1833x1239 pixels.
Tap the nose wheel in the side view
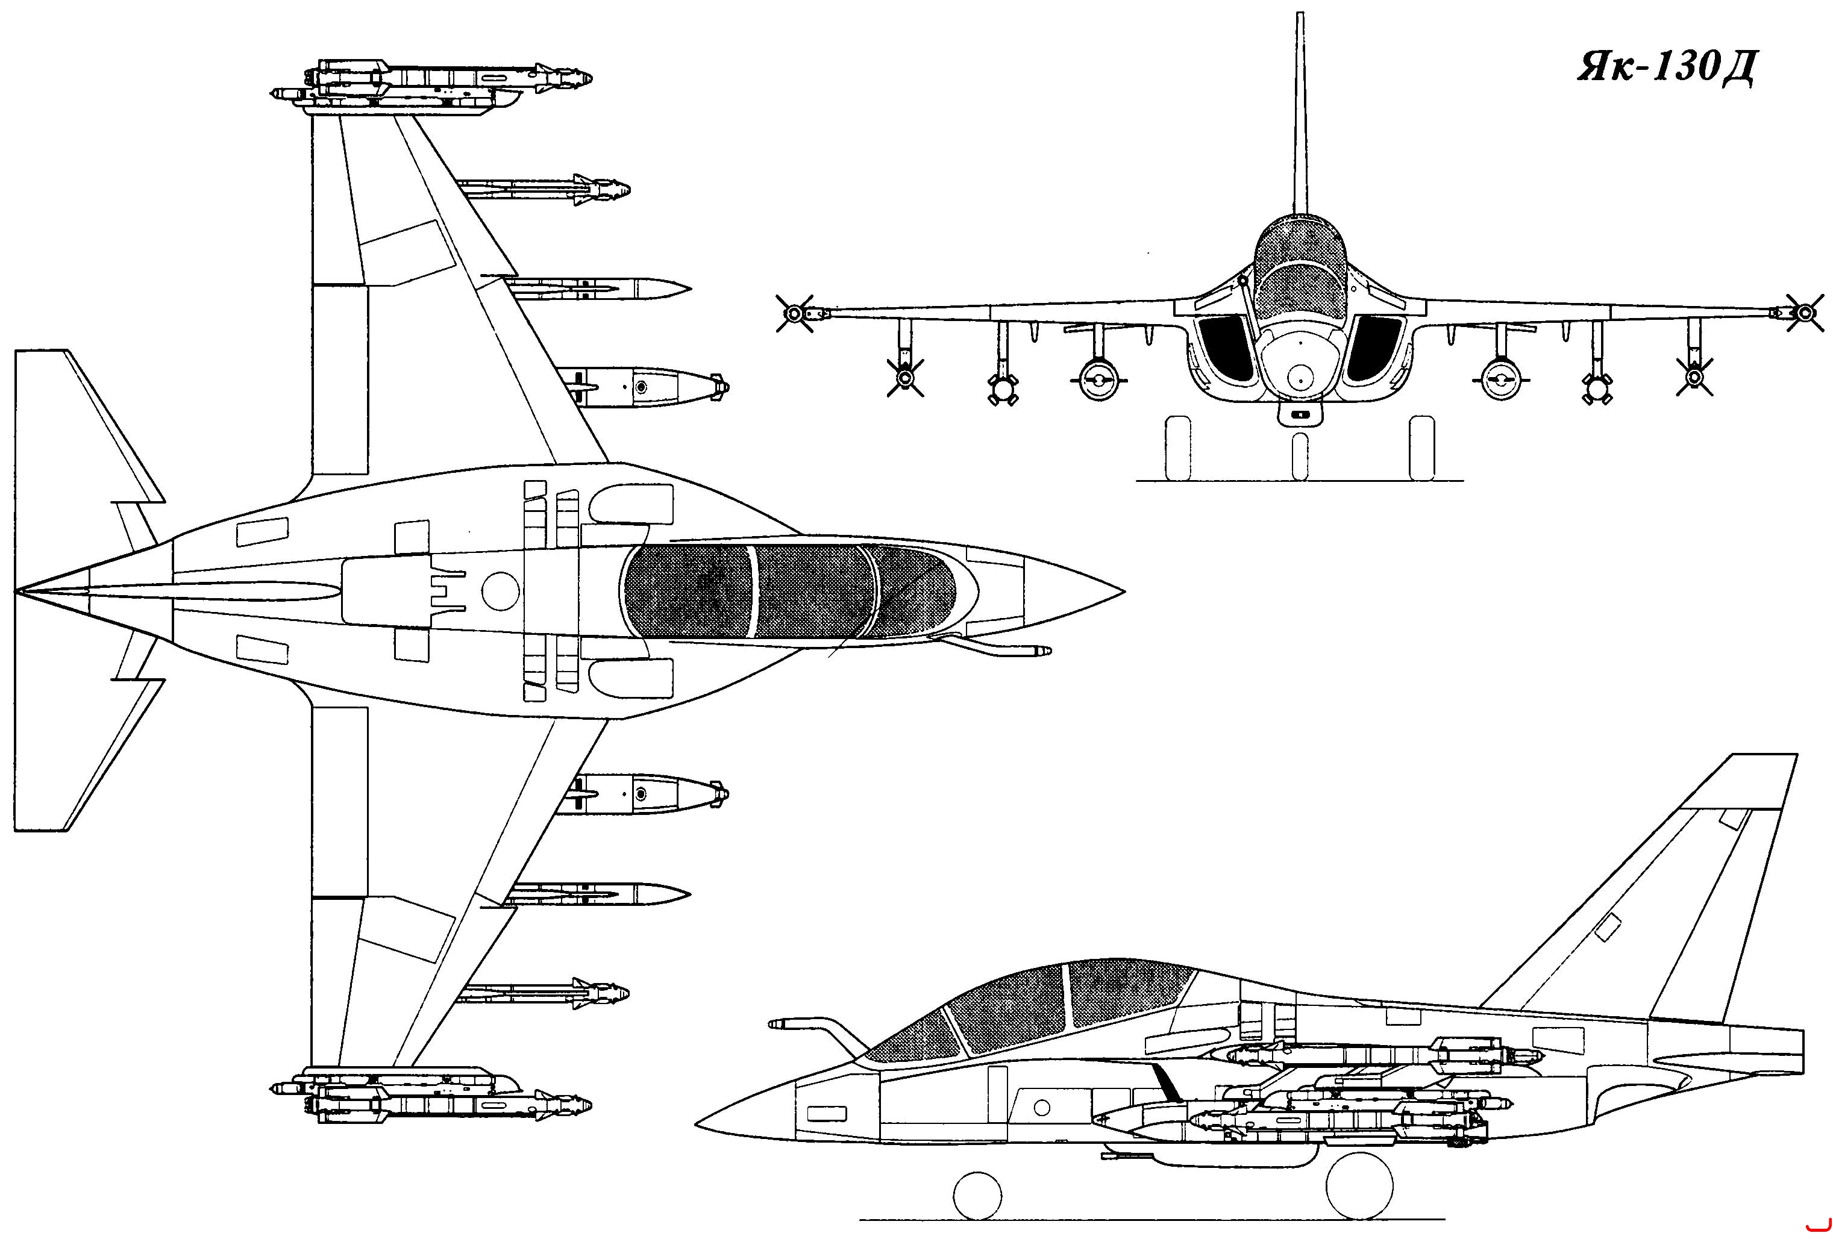[978, 1193]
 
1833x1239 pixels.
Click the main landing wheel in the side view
[1361, 1185]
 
